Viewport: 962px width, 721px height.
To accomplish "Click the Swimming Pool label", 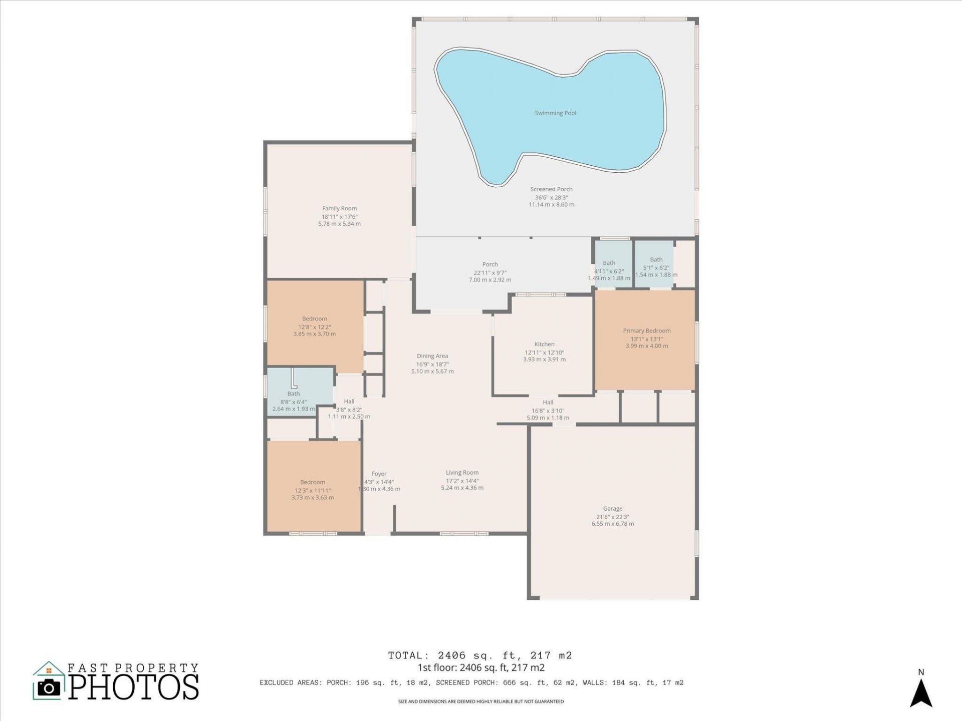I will point(555,113).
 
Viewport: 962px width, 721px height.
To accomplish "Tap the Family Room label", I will point(339,208).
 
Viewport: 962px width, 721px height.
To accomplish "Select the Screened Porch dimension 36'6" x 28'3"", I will point(551,197).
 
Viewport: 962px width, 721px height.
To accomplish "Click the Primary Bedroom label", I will point(646,330).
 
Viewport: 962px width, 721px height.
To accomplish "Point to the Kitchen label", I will point(544,344).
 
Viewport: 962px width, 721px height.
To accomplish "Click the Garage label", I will point(612,508).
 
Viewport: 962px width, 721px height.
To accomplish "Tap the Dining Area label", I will point(432,356).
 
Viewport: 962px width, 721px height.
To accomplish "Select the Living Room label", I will point(462,472).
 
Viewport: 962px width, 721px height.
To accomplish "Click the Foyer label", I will point(379,474).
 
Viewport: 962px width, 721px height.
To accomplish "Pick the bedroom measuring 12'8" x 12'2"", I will point(314,326).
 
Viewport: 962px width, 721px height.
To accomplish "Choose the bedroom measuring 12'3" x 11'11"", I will point(312,490).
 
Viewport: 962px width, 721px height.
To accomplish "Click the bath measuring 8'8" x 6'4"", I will point(294,401).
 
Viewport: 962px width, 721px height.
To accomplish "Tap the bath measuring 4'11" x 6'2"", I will point(609,270).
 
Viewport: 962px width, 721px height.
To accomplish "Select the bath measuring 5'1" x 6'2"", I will point(656,267).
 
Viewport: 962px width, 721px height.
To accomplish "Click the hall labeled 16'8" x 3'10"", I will point(548,410).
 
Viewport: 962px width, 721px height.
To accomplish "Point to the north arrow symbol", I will point(921,694).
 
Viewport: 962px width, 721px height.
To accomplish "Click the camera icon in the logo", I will point(49,687).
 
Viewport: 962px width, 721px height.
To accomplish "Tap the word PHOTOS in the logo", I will point(133,687).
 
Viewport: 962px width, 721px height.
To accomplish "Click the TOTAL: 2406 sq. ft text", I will point(479,655).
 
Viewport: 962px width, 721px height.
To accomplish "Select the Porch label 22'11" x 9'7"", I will point(490,272).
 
